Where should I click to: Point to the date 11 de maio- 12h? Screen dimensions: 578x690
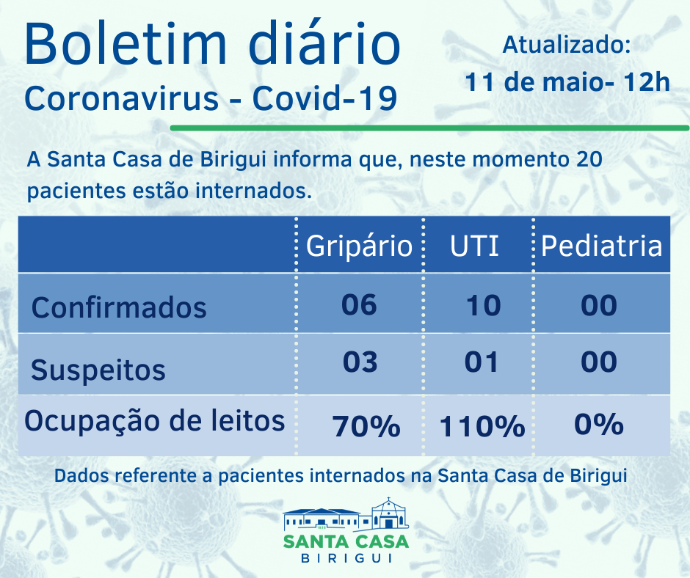567,81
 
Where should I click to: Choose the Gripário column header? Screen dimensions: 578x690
359,246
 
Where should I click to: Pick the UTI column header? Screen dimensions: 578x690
474,246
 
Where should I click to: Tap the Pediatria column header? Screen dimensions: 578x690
601,246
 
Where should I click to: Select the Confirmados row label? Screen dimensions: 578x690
119,307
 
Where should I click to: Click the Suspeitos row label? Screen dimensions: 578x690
98,370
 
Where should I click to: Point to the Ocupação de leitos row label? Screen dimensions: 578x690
155,421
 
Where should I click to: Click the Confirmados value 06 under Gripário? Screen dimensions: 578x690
359,304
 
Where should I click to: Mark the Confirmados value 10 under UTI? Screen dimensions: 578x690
483,304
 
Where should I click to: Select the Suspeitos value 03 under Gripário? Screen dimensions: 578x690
360,362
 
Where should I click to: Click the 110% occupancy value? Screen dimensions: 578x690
482,425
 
